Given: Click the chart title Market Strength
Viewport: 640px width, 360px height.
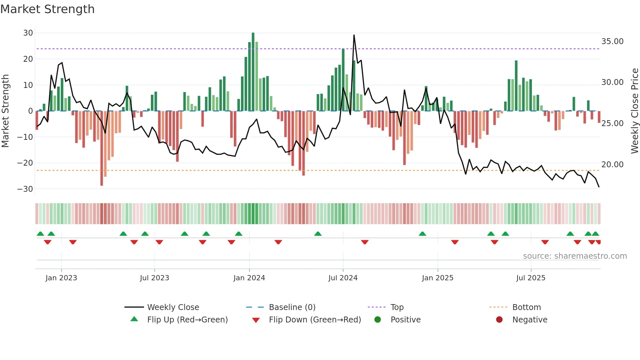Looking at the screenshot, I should (47, 9).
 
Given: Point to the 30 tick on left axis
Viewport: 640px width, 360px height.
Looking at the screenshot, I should (28, 33).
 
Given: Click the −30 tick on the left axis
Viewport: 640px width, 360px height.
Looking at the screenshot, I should (25, 189).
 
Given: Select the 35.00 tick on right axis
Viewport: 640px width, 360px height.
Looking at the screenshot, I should (612, 41).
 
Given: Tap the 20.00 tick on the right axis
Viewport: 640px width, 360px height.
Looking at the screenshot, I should (612, 165).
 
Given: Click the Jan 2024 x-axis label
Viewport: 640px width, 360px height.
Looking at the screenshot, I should (249, 278).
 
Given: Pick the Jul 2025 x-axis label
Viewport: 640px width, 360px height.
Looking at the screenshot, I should (531, 278).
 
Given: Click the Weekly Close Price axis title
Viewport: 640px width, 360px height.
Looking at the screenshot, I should (634, 111).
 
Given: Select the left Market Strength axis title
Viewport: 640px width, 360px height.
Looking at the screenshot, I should (5, 111).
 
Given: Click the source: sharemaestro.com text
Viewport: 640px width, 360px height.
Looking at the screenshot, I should (575, 256).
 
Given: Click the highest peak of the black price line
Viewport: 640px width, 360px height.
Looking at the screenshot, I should (354, 35).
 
